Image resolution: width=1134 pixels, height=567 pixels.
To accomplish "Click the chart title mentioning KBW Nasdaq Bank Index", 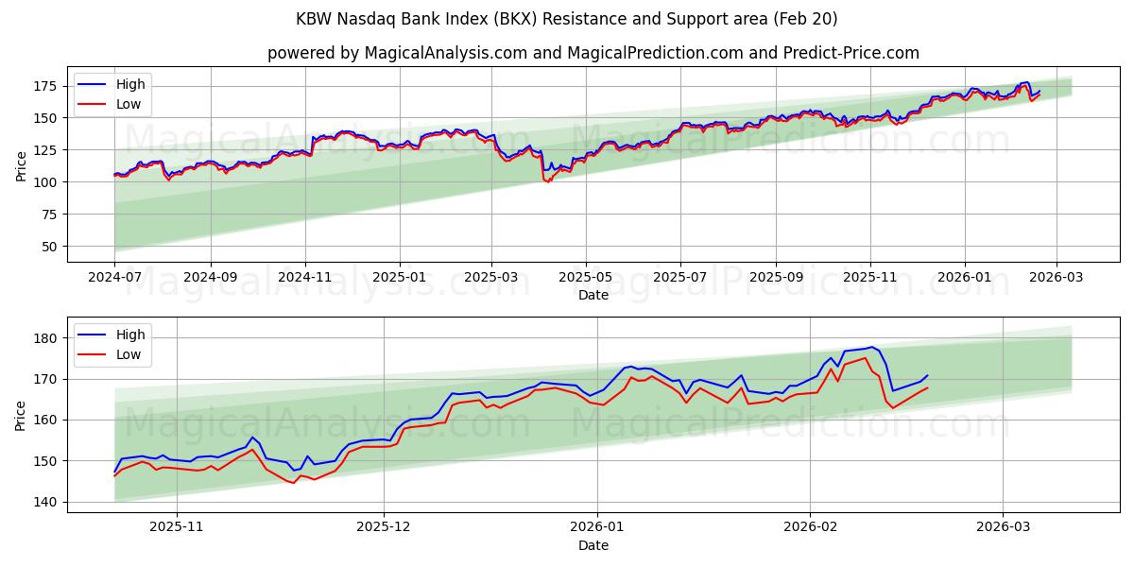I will (x=567, y=19).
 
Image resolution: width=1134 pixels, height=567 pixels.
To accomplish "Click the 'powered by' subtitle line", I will (x=593, y=53).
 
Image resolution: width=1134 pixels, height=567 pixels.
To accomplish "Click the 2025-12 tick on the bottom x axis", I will (x=384, y=527).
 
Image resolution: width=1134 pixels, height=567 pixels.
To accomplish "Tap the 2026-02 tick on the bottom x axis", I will (x=812, y=527).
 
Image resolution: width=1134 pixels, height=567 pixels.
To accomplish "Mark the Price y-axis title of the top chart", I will (x=22, y=166).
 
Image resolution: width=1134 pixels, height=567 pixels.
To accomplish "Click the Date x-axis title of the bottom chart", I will (x=593, y=545).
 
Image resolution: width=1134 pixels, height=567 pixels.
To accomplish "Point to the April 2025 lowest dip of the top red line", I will (x=548, y=181).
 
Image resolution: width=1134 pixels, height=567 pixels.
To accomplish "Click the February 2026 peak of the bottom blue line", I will (x=872, y=347).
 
